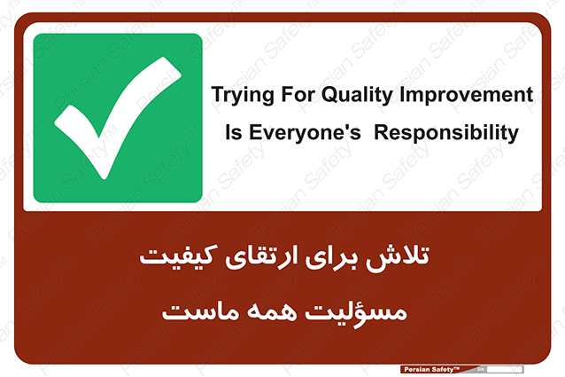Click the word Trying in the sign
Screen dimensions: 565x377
(243, 96)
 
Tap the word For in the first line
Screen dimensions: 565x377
(298, 94)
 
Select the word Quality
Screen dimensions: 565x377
(357, 96)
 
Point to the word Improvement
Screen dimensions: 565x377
(467, 96)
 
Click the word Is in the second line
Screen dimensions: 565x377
(234, 132)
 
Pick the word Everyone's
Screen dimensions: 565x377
(305, 133)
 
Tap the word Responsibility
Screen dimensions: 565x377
(446, 133)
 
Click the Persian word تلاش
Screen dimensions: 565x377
(398, 257)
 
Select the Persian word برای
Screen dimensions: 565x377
(332, 257)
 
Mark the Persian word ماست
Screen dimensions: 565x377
(200, 311)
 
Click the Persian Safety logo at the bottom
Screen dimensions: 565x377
(432, 369)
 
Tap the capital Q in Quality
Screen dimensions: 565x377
(329, 95)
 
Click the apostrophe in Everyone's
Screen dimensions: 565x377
(348, 127)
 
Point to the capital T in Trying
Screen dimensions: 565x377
(218, 94)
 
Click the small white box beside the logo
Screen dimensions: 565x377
(505, 369)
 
